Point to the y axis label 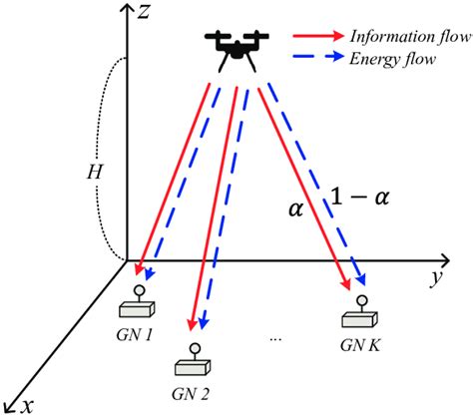pos(435,278)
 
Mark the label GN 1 pos(134,335)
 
